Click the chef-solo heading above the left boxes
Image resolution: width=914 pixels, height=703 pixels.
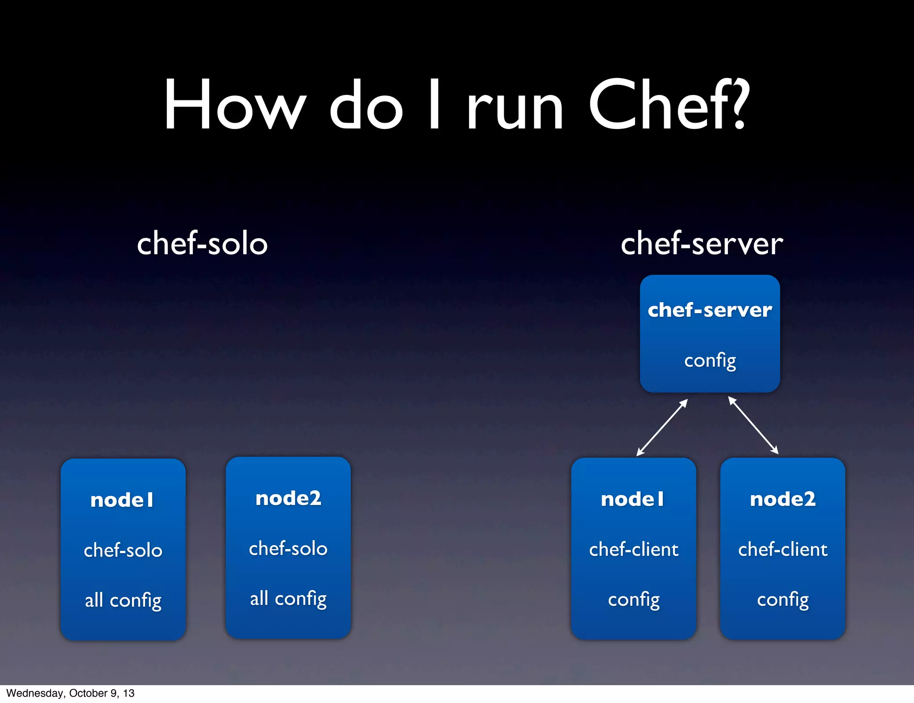(x=202, y=244)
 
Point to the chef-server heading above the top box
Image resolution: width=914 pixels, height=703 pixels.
(x=702, y=244)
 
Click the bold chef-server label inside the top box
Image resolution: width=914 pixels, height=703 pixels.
(x=710, y=310)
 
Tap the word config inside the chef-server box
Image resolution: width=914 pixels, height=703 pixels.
(x=710, y=361)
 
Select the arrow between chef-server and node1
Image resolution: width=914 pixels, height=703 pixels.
(x=662, y=427)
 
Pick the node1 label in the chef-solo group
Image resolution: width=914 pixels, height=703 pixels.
(x=122, y=500)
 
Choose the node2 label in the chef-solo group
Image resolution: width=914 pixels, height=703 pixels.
(x=288, y=498)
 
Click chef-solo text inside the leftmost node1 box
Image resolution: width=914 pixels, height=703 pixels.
(x=123, y=550)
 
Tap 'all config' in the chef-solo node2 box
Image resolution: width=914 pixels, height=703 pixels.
(x=288, y=599)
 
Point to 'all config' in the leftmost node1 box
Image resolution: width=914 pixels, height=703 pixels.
(x=123, y=600)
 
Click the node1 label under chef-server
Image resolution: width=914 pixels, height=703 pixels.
(x=633, y=499)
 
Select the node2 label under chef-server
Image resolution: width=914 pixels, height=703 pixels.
(x=783, y=499)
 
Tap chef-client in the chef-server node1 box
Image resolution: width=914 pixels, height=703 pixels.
(x=634, y=549)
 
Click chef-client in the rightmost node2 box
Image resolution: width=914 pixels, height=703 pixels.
(x=783, y=549)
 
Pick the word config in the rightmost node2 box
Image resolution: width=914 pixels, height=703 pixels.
(x=783, y=600)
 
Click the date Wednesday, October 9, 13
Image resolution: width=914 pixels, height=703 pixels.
(x=71, y=693)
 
